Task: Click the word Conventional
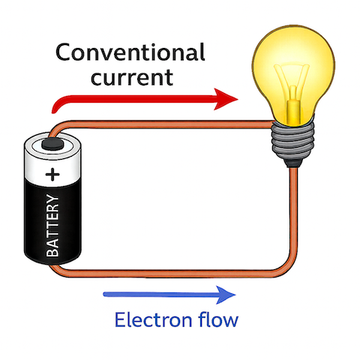tap(129, 53)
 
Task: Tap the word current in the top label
tap(129, 76)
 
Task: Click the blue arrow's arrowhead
tap(229, 295)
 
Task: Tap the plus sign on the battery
tap(52, 175)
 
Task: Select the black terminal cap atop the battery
tap(53, 142)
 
